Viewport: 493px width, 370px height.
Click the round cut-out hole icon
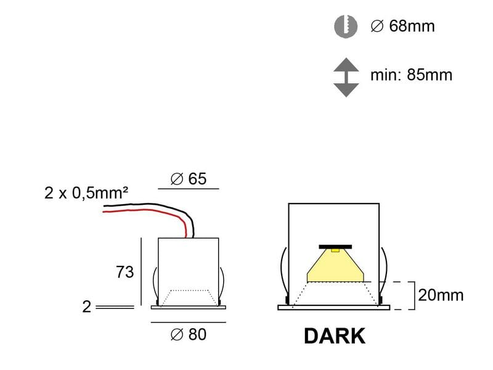coord(346,26)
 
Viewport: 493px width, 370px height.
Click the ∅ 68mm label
coord(402,27)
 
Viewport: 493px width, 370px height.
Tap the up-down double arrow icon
coord(346,77)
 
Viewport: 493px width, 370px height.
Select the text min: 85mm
coord(411,75)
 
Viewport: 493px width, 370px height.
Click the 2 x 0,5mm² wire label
coord(86,193)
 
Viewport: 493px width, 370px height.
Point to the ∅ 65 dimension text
coord(188,179)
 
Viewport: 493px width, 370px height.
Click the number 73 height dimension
coord(124,272)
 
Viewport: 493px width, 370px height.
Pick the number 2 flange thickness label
coord(87,306)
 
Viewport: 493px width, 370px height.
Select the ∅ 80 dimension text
coord(188,335)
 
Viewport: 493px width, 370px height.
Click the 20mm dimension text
coord(441,295)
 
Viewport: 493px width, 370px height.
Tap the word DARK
coord(335,336)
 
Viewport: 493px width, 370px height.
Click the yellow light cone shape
coord(335,267)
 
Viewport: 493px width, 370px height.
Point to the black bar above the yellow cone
coord(335,247)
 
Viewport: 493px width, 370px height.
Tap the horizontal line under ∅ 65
coord(188,189)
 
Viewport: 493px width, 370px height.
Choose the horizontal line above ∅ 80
coord(188,322)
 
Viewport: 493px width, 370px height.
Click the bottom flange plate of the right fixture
coord(335,307)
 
